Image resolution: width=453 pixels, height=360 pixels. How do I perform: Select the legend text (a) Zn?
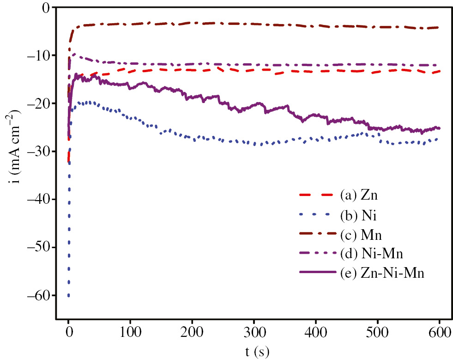click(x=359, y=195)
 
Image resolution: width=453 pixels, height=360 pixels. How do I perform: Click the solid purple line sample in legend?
click(x=317, y=273)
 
